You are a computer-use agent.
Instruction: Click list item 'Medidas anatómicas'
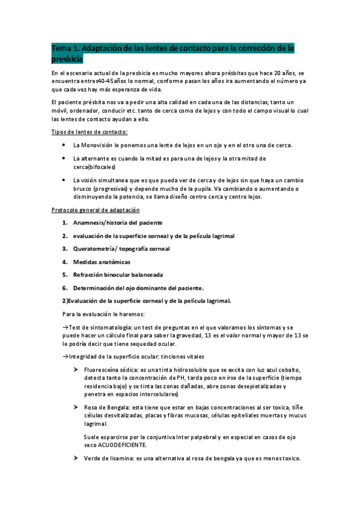coord(102,262)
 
